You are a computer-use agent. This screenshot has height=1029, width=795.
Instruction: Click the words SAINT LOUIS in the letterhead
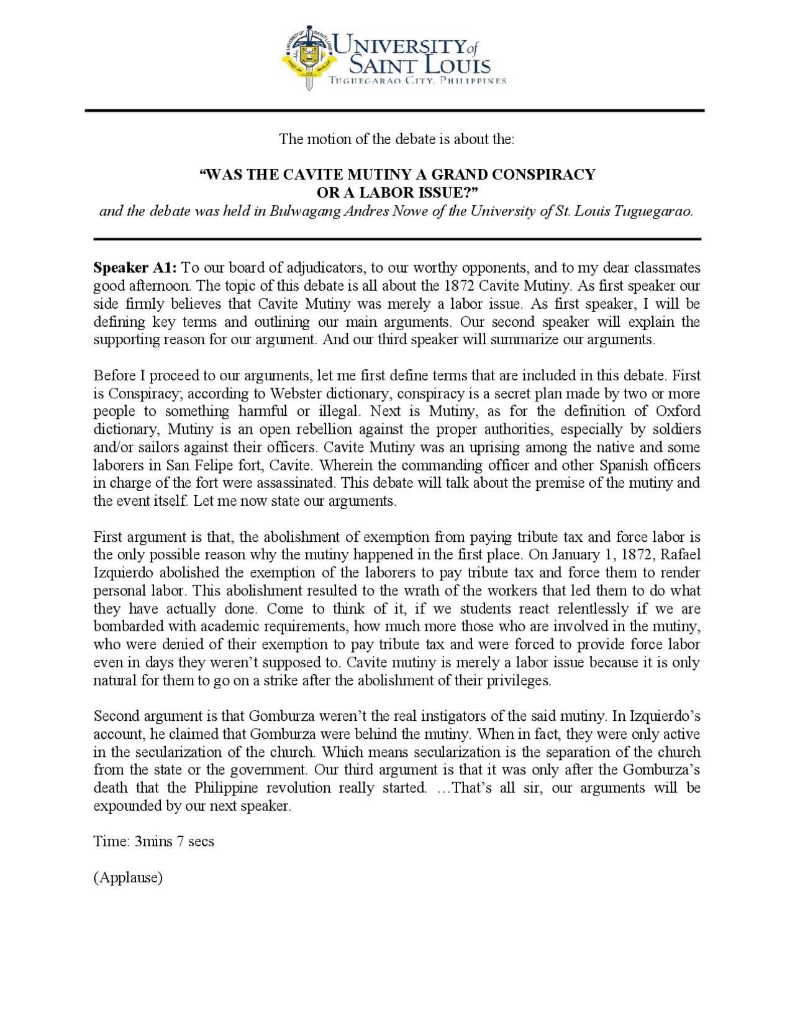pos(420,65)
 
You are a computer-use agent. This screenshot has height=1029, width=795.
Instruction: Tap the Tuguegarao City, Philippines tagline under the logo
pos(417,81)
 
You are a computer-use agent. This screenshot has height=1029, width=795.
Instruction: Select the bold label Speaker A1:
pos(135,268)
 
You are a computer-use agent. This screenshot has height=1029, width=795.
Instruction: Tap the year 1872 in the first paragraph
pos(459,286)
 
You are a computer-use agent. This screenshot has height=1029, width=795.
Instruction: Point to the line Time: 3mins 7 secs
pos(153,841)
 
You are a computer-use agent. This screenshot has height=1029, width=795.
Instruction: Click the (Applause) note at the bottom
pos(128,877)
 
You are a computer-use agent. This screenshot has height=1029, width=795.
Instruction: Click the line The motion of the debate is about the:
pos(396,139)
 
